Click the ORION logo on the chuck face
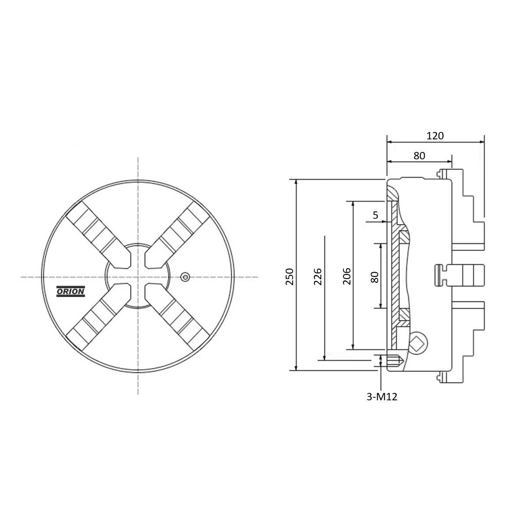click(71, 291)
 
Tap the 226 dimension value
click(318, 276)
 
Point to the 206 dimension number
click(346, 276)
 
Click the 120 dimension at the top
click(435, 136)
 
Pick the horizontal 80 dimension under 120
click(419, 156)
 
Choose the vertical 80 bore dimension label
click(374, 277)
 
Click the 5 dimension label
click(375, 215)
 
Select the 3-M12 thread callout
click(382, 397)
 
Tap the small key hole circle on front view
click(185, 277)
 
